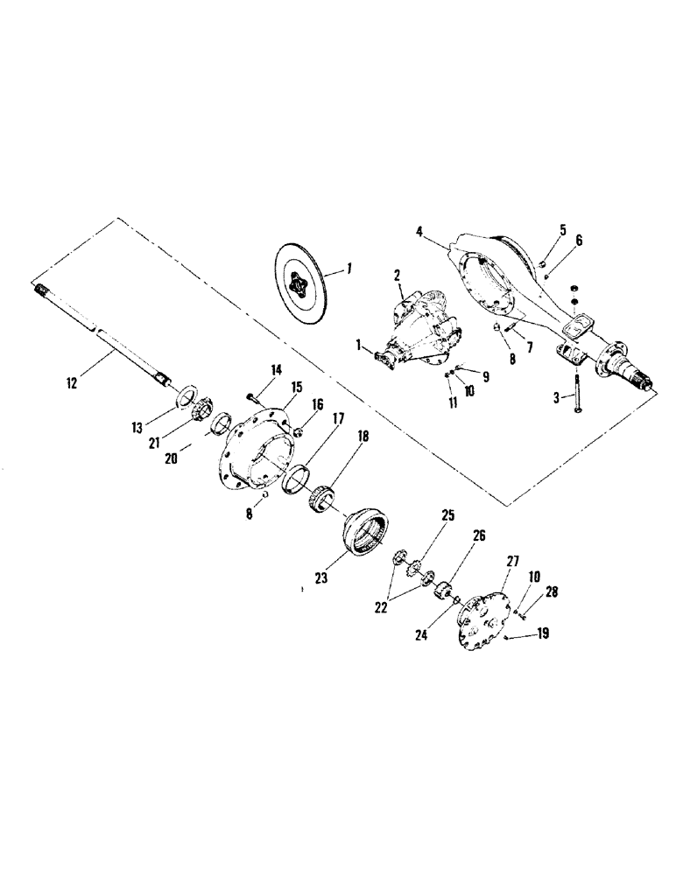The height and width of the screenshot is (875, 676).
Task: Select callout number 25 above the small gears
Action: coord(447,517)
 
